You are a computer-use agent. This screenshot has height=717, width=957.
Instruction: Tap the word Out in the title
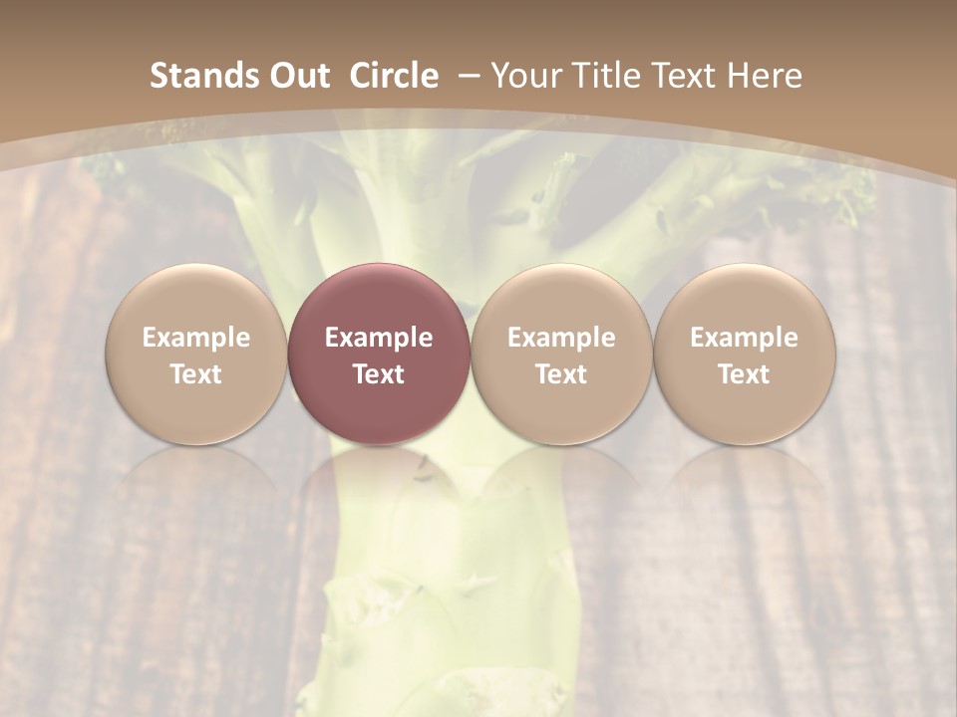tap(297, 76)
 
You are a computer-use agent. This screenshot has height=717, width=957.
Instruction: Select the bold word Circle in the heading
tap(394, 76)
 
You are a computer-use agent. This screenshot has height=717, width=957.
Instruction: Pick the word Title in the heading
tap(605, 76)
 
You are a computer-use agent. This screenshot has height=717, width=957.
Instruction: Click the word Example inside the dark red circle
tap(379, 338)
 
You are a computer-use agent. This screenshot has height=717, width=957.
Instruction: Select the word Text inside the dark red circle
tap(379, 374)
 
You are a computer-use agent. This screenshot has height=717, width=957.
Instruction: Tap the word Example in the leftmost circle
tap(196, 338)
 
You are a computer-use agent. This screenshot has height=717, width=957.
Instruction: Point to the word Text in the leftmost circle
tap(196, 374)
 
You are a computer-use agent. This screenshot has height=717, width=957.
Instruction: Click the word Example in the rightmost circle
tap(744, 338)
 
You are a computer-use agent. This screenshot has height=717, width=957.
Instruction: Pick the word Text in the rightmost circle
tap(744, 374)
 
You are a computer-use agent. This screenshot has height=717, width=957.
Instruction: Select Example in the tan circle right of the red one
tap(561, 338)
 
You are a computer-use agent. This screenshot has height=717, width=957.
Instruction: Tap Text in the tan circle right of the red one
tap(561, 374)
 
